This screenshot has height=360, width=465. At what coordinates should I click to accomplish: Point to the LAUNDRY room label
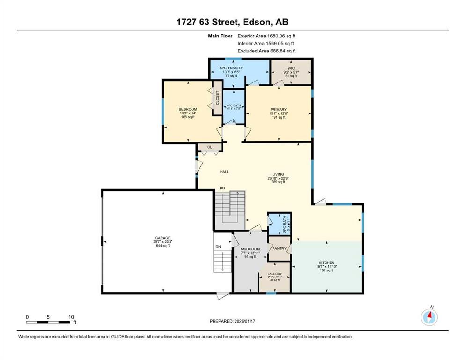274,274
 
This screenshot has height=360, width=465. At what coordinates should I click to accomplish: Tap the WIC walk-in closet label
291,68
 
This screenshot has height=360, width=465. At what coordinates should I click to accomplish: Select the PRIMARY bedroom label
278,110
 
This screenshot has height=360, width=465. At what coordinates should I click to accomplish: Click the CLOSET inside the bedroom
217,98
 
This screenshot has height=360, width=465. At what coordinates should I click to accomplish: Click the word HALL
224,172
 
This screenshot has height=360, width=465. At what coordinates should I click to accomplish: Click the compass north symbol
429,317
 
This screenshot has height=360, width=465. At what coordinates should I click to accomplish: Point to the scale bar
49,322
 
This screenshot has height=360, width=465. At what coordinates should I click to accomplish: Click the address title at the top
232,22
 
